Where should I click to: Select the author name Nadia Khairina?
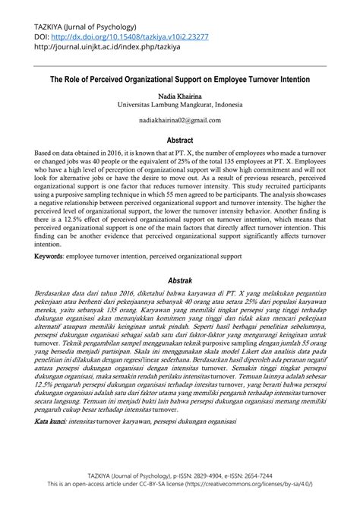pyautogui.click(x=179, y=97)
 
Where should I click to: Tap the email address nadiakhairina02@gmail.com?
pyautogui.click(x=179, y=120)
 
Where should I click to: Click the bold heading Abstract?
pyautogui.click(x=179, y=141)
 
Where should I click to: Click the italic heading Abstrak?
pyautogui.click(x=179, y=278)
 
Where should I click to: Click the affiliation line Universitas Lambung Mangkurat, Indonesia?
pyautogui.click(x=179, y=106)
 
